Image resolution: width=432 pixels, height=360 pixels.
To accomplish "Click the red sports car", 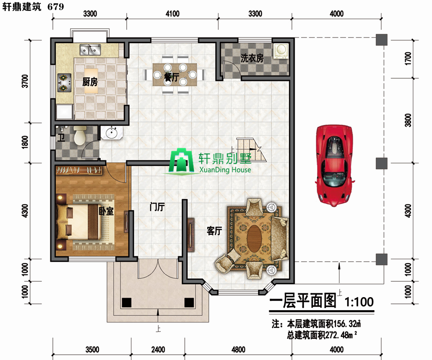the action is [x=335, y=166].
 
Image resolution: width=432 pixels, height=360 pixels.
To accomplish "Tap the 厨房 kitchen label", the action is [x=90, y=82].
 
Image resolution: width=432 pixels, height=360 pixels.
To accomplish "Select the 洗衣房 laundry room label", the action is [x=252, y=58].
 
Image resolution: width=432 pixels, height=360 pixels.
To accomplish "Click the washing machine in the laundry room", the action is [x=281, y=51].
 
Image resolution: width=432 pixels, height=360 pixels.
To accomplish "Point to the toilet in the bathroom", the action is [x=80, y=135].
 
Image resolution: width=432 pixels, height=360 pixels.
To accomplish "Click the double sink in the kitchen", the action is [x=90, y=49].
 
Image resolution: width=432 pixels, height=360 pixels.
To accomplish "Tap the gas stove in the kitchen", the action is [x=64, y=83].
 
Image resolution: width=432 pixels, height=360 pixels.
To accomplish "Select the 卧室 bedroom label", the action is [x=106, y=211].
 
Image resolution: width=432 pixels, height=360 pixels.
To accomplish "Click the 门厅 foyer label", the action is [x=157, y=206].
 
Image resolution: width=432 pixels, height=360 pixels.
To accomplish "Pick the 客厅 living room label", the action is [x=215, y=230].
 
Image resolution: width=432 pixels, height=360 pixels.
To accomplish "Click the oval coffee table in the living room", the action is [x=254, y=238].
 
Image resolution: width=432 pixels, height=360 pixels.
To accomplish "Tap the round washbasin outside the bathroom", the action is [x=111, y=133].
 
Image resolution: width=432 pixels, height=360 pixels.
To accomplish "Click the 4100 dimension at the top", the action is [x=172, y=14].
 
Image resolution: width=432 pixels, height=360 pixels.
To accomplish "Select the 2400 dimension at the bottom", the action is [x=158, y=349].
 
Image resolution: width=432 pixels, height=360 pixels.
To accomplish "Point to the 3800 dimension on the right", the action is [x=408, y=120].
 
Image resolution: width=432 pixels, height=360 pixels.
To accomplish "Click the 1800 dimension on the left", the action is [x=25, y=142].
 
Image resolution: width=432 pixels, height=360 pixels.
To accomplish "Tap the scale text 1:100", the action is [x=359, y=302].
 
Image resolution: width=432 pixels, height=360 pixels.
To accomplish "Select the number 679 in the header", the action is [x=56, y=7].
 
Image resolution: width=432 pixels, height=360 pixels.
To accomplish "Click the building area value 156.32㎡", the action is [x=347, y=324].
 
